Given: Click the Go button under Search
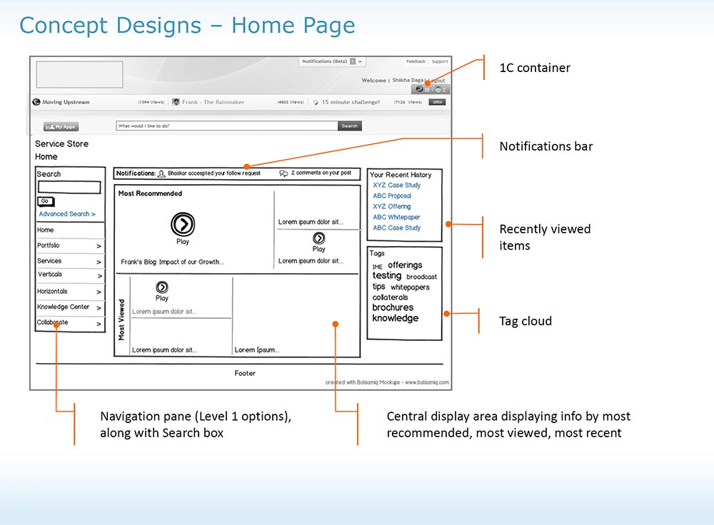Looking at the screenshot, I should click(x=45, y=201).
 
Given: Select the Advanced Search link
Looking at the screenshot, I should click(x=67, y=214).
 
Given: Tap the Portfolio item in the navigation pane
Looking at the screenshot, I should click(x=49, y=245).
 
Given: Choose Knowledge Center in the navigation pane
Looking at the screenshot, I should click(x=64, y=307).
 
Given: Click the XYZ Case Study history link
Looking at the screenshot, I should click(x=396, y=185).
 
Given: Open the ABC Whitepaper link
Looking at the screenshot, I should click(x=396, y=217).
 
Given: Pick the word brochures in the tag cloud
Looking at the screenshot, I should click(x=393, y=307).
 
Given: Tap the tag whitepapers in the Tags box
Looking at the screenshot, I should click(x=410, y=287).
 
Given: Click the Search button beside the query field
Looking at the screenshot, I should click(x=349, y=126).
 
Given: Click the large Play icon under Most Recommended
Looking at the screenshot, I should click(x=183, y=225).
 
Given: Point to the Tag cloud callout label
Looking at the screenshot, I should click(x=525, y=321).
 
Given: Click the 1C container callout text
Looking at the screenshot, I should click(x=534, y=68).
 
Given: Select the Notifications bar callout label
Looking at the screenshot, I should click(x=545, y=146).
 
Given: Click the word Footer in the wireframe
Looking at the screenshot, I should click(x=245, y=373).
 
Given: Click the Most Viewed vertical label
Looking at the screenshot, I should click(x=121, y=319).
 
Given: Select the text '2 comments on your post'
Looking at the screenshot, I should click(x=321, y=173).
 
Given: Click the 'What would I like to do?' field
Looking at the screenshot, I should click(x=226, y=126).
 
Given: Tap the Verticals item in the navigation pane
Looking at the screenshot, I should click(x=50, y=275).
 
